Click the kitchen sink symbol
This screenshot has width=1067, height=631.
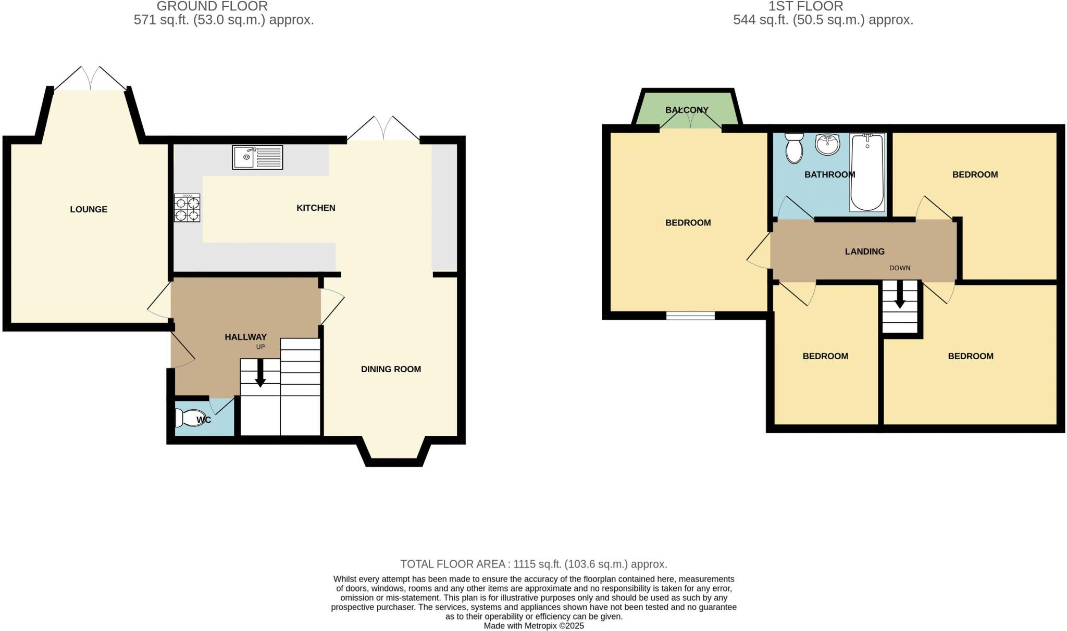257,157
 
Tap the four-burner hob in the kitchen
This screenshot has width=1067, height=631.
187,208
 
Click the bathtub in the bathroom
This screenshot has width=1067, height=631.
867,173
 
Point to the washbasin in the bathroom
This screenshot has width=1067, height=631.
827,144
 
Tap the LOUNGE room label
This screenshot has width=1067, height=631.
89,209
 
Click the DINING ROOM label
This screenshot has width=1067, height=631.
391,369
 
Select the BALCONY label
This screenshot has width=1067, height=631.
687,110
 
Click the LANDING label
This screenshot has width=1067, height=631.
864,251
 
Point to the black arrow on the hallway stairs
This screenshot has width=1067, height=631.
260,373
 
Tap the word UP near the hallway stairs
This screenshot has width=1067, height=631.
260,347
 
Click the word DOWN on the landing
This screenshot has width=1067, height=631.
900,268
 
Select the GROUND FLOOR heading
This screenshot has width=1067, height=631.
212,6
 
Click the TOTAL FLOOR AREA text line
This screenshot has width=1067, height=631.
533,564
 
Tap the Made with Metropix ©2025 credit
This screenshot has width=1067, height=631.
533,626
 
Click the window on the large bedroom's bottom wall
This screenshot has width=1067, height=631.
690,316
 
